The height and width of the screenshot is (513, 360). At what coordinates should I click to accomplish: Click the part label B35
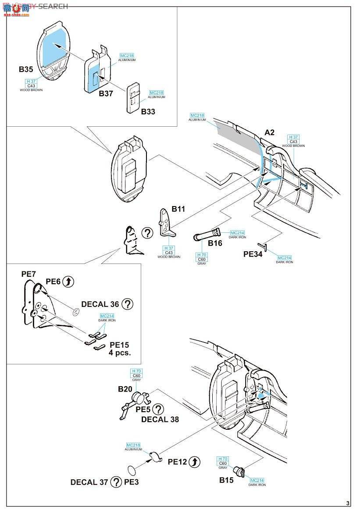pos(26,69)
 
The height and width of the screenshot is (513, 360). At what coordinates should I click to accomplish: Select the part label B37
pos(106,93)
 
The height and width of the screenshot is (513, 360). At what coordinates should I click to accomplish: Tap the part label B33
pos(148,111)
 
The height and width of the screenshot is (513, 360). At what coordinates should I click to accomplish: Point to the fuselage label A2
pos(269,132)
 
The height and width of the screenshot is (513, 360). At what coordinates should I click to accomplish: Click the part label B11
pos(178,210)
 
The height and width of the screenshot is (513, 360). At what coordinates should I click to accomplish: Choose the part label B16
pos(215,243)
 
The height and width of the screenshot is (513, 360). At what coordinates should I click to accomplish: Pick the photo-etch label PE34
pos(253,254)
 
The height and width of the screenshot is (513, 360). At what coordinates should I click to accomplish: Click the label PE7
pos(29,274)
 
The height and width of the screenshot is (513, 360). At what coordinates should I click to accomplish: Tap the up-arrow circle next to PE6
pos(68,282)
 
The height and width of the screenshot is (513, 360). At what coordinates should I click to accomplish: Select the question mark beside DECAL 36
pos(127,304)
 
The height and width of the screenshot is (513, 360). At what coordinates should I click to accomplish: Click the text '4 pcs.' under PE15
pos(120,352)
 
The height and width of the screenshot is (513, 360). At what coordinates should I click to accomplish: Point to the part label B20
pos(125,389)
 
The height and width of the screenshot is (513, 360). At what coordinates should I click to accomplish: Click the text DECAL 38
pos(160,419)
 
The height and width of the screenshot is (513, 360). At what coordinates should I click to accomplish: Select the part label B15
pos(227,480)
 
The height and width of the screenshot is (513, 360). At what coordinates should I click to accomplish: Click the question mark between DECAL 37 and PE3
pos(116,482)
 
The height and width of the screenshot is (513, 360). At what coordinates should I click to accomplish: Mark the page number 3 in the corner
pos(348,503)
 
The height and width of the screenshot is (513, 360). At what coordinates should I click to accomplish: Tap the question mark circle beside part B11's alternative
pos(147,234)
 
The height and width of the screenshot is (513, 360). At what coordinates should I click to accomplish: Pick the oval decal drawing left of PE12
pos(132,471)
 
